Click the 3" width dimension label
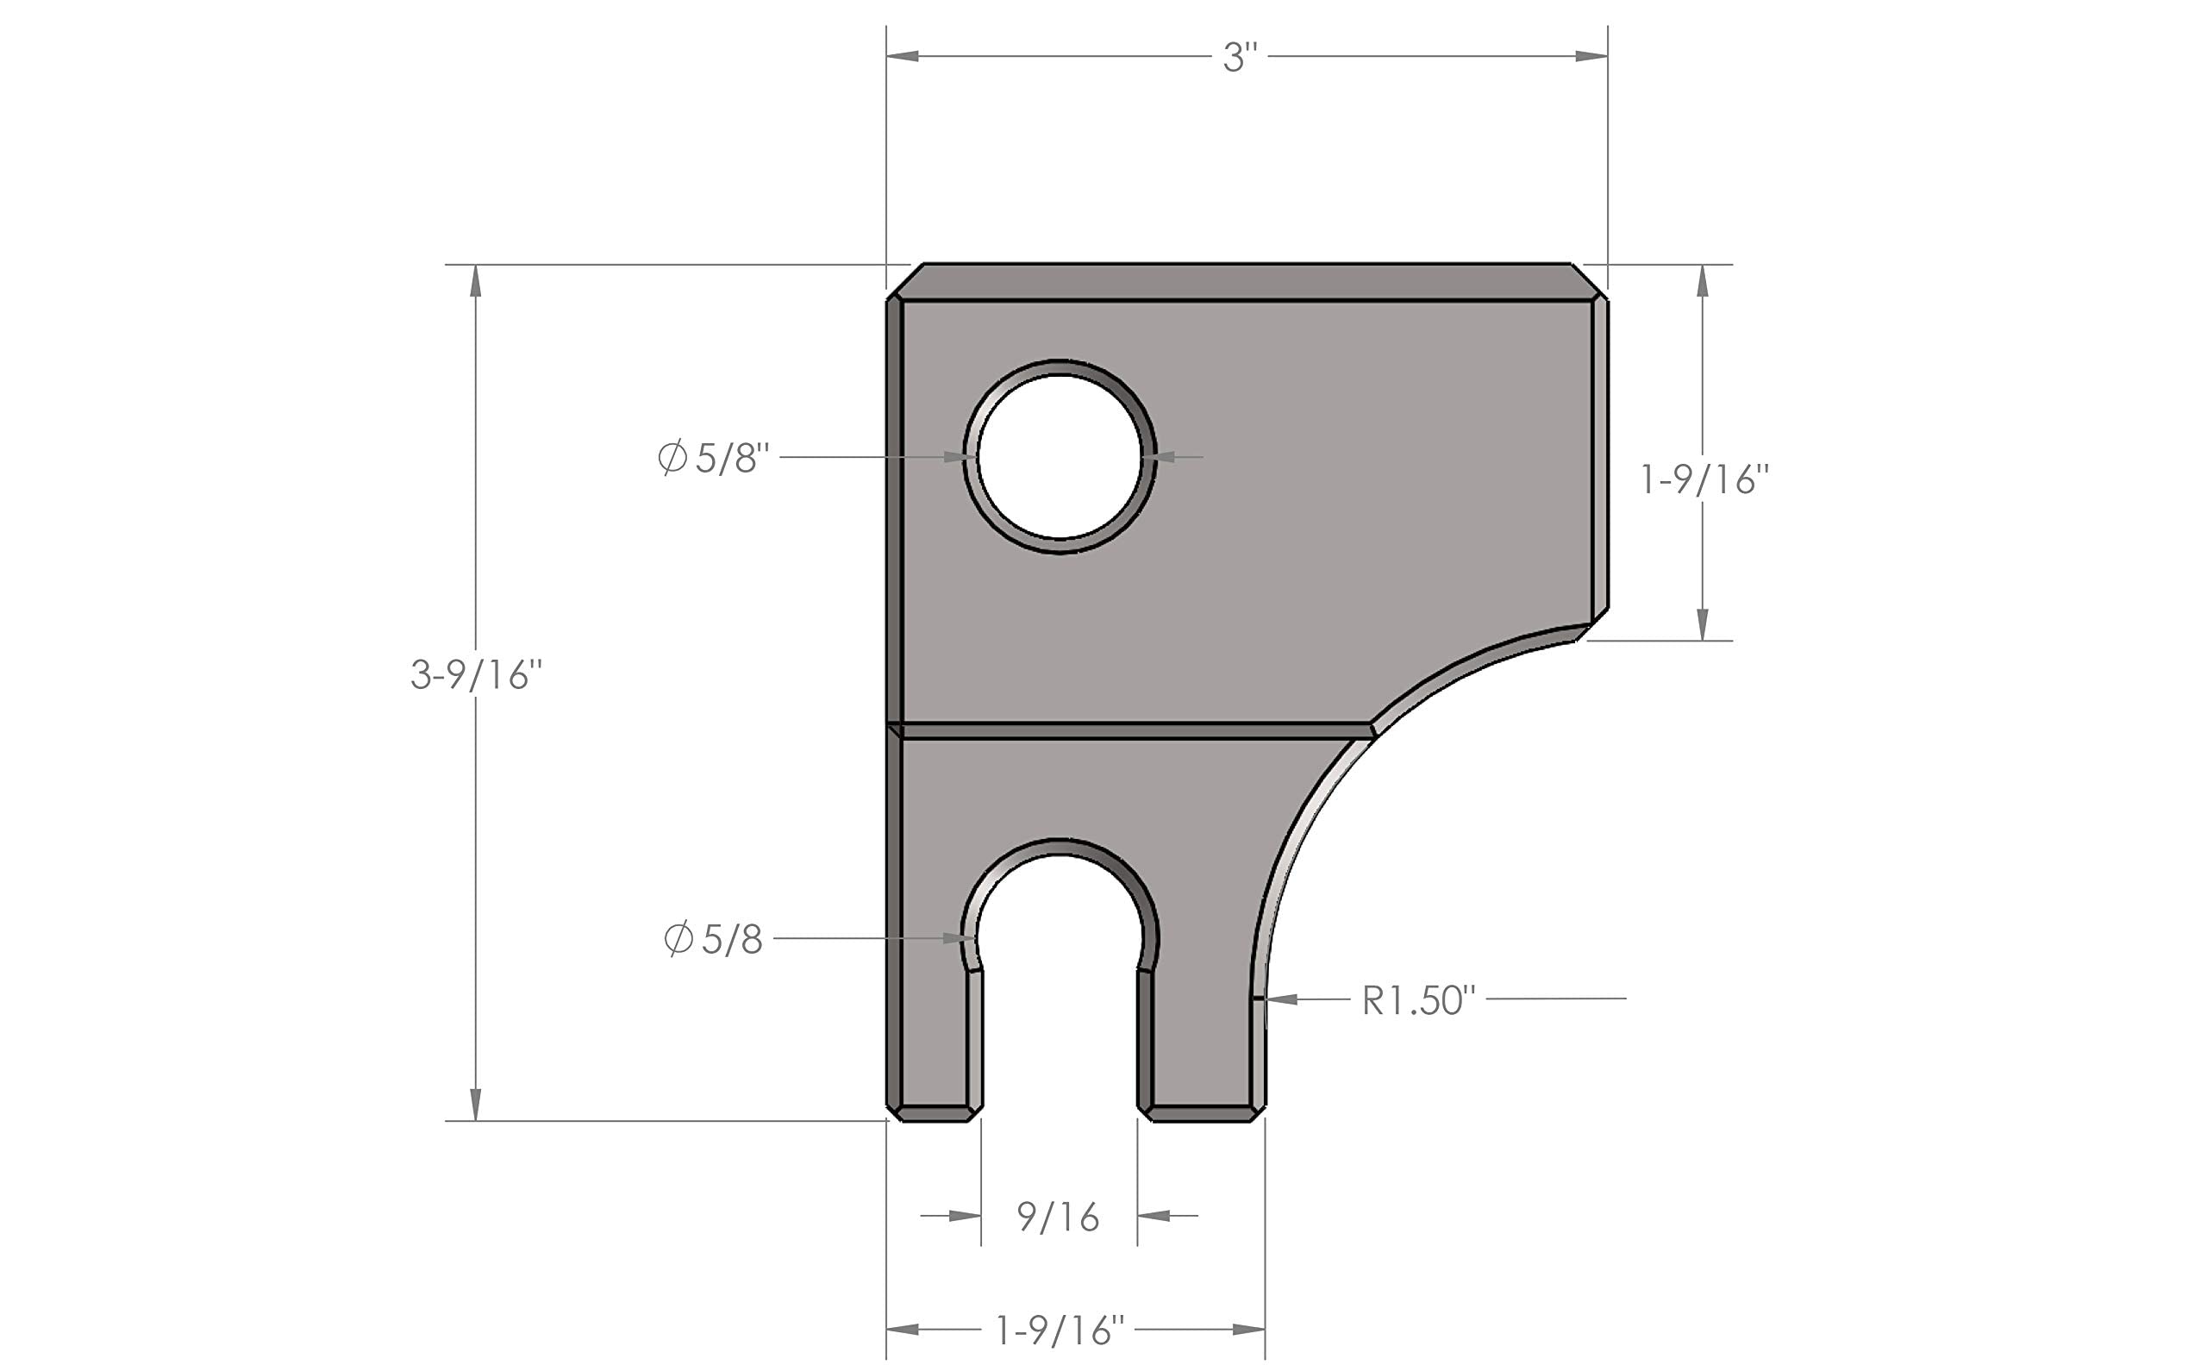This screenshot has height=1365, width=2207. click(1240, 58)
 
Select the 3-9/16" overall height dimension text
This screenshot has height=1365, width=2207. click(476, 674)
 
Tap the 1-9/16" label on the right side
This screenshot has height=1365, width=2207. click(1704, 480)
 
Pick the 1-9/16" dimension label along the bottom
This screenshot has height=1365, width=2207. click(1060, 1331)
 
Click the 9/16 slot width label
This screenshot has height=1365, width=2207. click(1058, 1217)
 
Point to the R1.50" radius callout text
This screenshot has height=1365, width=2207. click(1418, 1000)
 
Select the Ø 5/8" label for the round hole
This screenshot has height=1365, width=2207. click(713, 458)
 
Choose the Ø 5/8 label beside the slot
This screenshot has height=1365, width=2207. click(713, 940)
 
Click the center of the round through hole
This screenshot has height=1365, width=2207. click(1060, 457)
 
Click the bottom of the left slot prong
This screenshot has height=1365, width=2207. click(935, 1114)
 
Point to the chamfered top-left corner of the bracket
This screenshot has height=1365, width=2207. click(904, 281)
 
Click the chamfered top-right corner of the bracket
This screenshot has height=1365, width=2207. click(1589, 281)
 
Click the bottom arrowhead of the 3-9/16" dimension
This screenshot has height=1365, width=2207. click(476, 1105)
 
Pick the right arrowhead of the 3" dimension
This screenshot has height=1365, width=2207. click(1591, 56)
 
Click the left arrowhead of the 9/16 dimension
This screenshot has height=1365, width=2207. click(965, 1216)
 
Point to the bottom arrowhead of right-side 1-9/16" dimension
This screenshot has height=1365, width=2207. click(1703, 624)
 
